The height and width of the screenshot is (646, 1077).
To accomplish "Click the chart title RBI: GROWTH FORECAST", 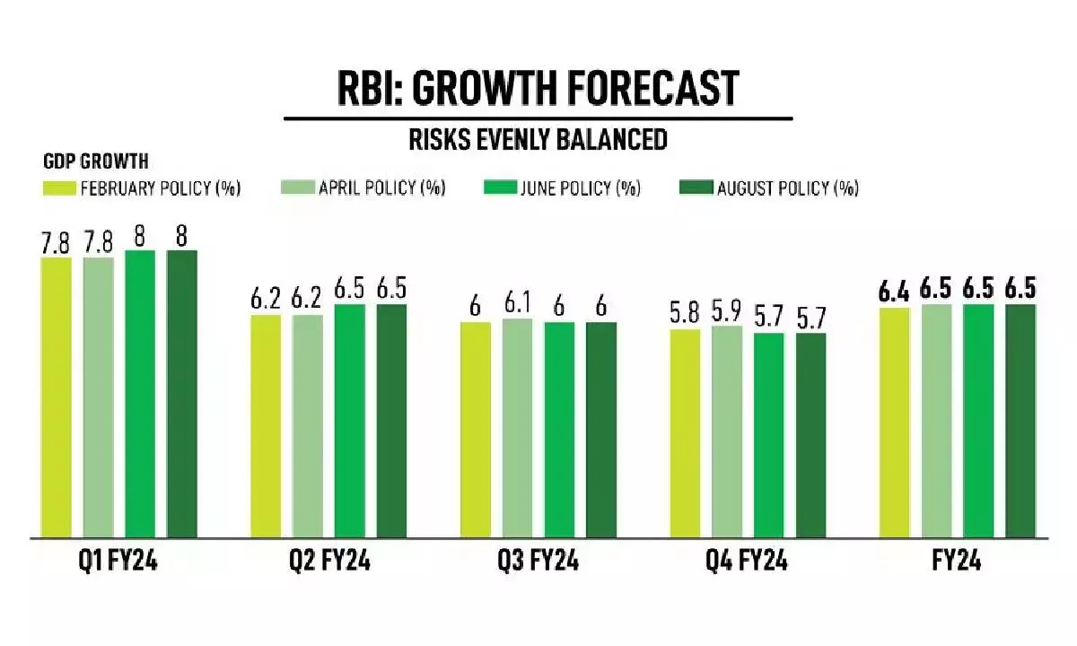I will (x=538, y=88).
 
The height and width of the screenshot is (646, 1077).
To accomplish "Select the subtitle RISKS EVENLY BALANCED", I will (x=538, y=139).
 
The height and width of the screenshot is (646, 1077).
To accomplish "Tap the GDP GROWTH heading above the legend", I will (x=96, y=162).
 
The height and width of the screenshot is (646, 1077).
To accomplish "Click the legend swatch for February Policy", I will (x=59, y=188).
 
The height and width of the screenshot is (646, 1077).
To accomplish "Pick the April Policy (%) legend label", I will (x=381, y=188).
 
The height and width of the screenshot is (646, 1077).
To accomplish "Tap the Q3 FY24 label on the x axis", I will (x=538, y=563).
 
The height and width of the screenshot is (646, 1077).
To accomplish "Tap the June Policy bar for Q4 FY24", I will (x=769, y=435).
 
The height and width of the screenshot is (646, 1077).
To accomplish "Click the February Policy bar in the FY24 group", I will (x=895, y=423).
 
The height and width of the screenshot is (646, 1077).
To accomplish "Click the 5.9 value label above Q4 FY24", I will (x=727, y=311).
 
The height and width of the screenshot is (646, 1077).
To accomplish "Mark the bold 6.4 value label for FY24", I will (x=895, y=292).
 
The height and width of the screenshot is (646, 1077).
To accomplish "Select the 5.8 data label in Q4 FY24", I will (x=685, y=315).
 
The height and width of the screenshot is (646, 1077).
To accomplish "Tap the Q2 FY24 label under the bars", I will (x=329, y=563).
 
